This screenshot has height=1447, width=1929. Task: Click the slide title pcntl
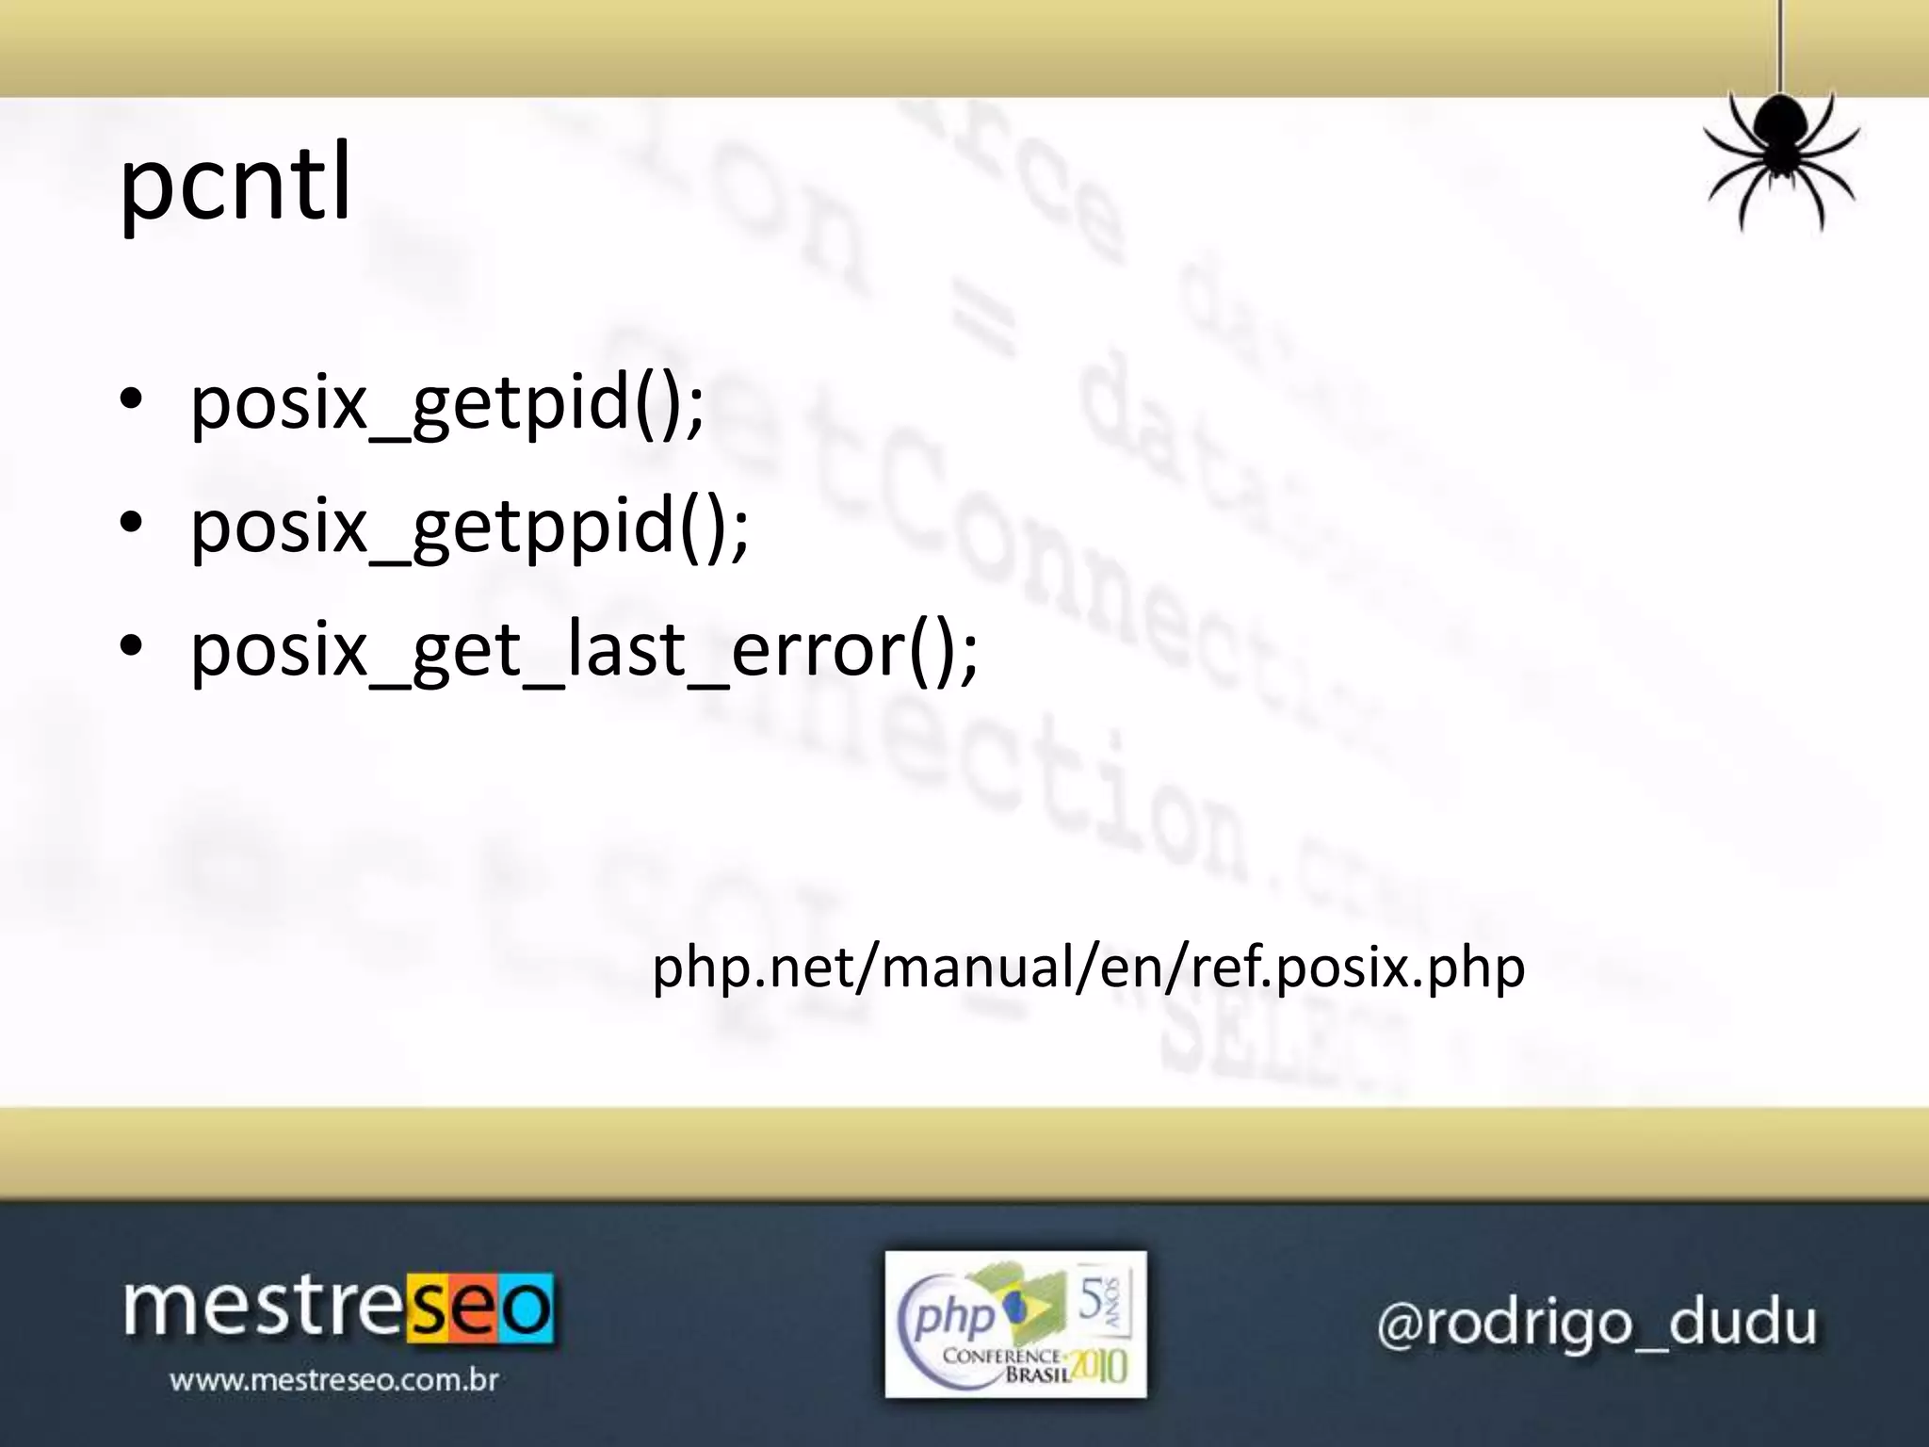point(235,184)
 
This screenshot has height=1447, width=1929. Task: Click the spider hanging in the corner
point(1779,155)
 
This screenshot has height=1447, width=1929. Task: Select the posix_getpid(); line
point(447,403)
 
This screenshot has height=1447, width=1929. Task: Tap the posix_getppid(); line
point(469,527)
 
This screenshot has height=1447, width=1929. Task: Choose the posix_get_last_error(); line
point(584,650)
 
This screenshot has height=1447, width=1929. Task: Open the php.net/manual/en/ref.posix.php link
point(1088,967)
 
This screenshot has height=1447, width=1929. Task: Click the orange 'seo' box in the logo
point(479,1309)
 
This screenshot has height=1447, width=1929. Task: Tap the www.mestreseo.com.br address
point(334,1381)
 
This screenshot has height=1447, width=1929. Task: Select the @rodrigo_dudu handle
point(1597,1324)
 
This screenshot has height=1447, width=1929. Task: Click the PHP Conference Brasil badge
point(1015,1324)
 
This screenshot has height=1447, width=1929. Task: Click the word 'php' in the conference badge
point(953,1316)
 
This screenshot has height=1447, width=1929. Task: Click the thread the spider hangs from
point(1779,47)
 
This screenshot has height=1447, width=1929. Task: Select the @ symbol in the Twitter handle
point(1399,1325)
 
